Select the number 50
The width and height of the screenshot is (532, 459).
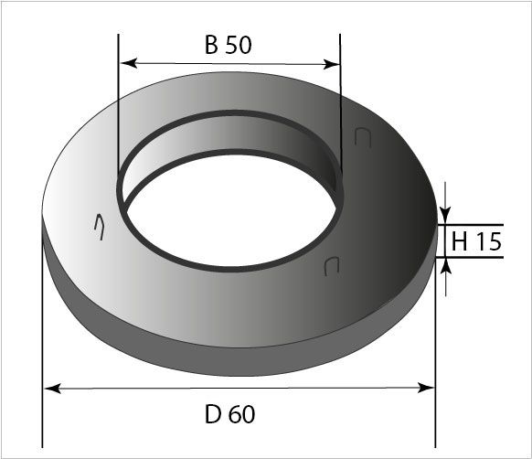point(238,47)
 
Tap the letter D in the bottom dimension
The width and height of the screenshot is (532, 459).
point(213,414)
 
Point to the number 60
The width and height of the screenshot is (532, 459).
point(241,414)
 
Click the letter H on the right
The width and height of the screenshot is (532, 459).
point(460,241)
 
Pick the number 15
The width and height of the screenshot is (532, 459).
point(487,241)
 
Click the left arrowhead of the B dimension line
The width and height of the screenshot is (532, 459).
point(128,64)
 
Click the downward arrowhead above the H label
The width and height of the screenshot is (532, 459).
point(446,216)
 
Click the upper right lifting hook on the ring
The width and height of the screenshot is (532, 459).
point(362,137)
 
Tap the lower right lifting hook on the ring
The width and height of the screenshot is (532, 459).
point(332,265)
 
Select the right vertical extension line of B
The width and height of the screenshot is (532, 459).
point(340,91)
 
